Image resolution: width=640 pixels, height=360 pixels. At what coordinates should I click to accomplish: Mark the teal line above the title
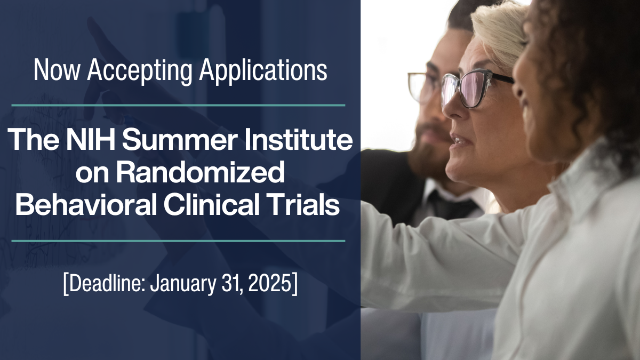pos(178,106)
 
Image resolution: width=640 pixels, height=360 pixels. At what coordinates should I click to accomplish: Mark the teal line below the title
pos(178,241)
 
